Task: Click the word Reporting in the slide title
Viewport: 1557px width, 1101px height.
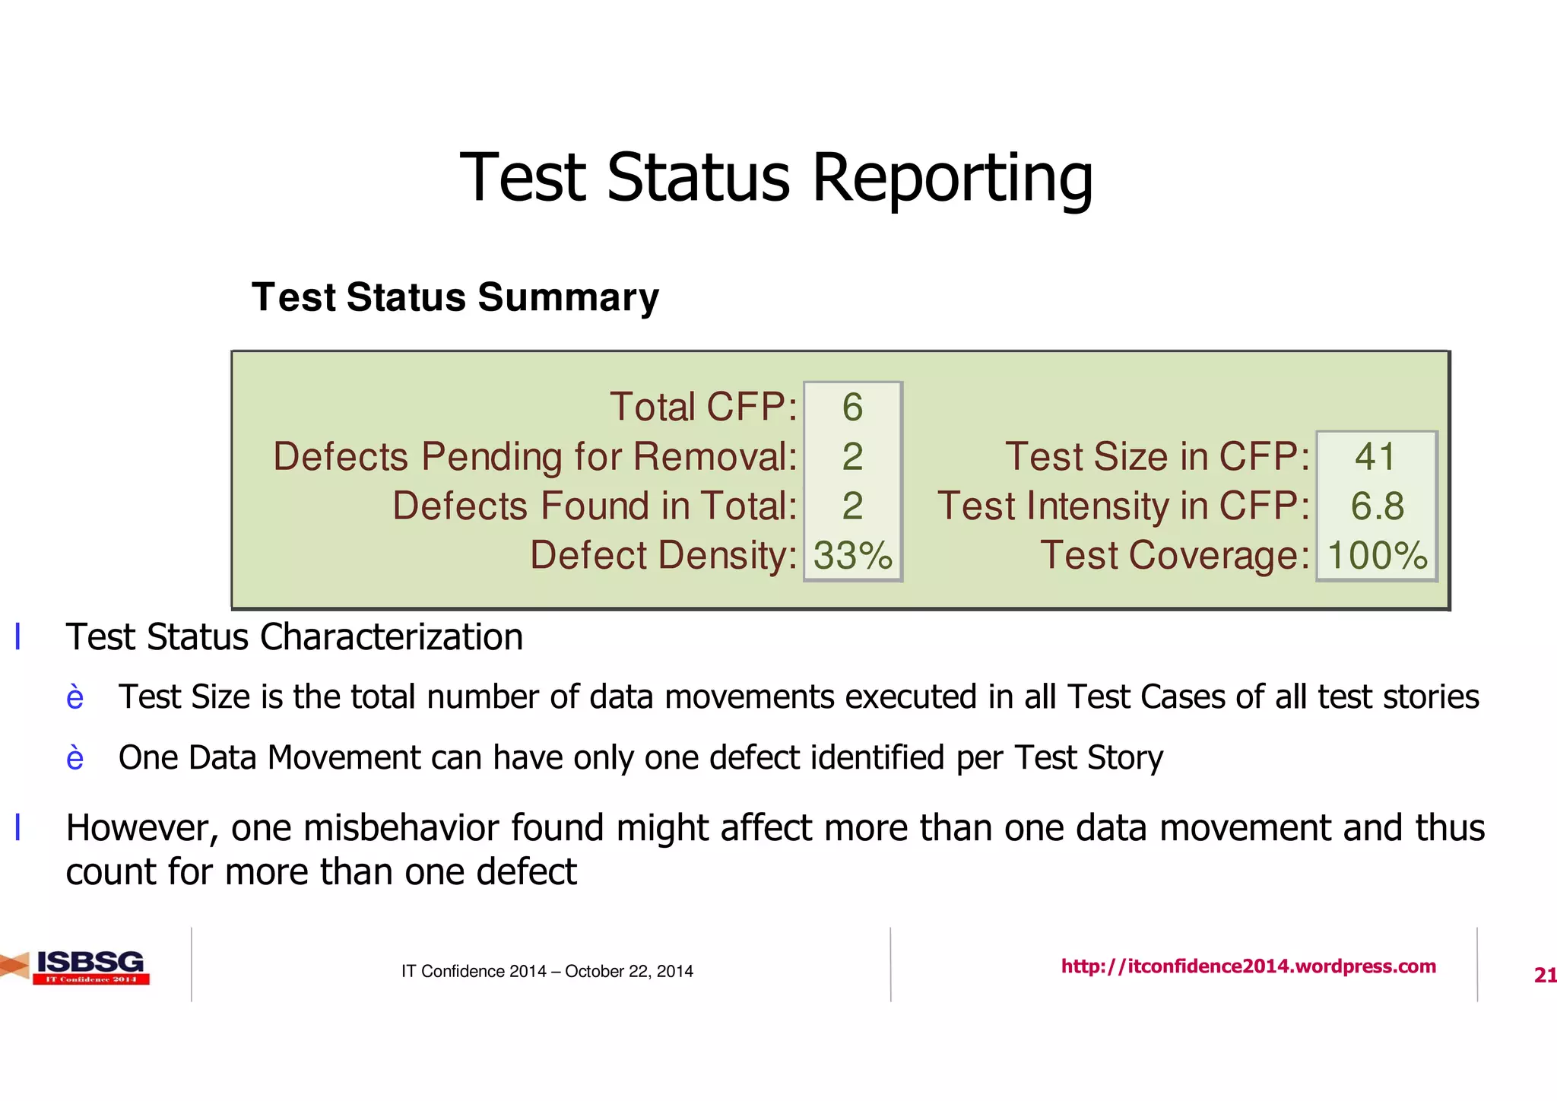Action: (952, 179)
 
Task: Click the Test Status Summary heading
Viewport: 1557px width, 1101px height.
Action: (455, 297)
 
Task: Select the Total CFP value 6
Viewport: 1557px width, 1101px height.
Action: (852, 408)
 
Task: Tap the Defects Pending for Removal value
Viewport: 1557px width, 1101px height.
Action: (852, 457)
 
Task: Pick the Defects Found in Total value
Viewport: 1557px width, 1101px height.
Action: (852, 506)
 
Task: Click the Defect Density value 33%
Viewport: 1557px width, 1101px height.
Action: (852, 556)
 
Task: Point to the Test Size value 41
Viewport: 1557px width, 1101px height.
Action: (1375, 457)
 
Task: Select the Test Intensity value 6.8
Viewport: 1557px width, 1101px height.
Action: (1377, 506)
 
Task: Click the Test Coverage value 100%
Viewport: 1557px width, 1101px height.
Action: (1377, 556)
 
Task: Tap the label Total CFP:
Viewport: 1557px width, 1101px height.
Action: (703, 408)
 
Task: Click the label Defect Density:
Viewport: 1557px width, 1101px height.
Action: (663, 556)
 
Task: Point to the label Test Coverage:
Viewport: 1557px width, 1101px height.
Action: (1175, 556)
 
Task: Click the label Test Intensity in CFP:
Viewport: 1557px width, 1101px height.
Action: (1124, 506)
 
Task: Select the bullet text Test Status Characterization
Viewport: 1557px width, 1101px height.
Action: (294, 637)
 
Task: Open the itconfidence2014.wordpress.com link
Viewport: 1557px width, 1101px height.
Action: (1248, 966)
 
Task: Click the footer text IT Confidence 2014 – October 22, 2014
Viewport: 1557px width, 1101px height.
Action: (547, 971)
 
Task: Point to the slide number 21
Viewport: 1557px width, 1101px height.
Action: (1544, 975)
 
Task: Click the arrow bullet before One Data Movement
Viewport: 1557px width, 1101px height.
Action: (75, 758)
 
